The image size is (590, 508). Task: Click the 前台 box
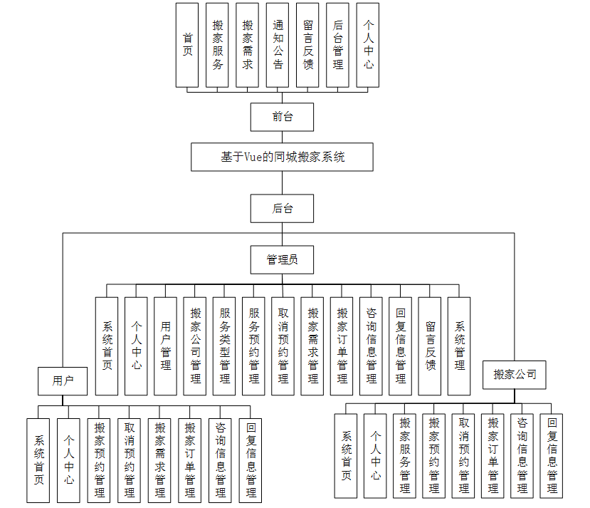[x=282, y=117]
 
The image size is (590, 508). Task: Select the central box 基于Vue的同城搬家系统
[x=282, y=157]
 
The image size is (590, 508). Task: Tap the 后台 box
[x=282, y=208]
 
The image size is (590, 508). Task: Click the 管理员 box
[x=282, y=259]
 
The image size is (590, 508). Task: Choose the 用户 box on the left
[x=63, y=380]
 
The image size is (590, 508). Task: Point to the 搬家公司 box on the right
[x=515, y=374]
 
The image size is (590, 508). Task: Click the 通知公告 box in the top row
[x=278, y=44]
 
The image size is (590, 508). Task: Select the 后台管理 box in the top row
[x=337, y=44]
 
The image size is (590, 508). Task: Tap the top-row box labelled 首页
[x=187, y=44]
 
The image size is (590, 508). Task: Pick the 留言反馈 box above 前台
[x=307, y=44]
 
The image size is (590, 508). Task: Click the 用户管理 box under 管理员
[x=165, y=346]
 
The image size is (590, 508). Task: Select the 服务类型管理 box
[x=224, y=346]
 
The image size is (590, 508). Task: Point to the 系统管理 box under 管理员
[x=459, y=346]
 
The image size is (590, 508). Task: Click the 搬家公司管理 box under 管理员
[x=195, y=346]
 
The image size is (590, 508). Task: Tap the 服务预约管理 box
[x=253, y=346]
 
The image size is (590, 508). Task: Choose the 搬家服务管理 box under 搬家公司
[x=404, y=455]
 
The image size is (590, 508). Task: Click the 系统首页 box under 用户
[x=40, y=460]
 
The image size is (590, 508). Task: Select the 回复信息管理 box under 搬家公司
[x=552, y=455]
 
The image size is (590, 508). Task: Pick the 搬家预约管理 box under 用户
[x=99, y=460]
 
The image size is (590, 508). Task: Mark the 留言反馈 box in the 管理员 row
[x=430, y=346]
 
